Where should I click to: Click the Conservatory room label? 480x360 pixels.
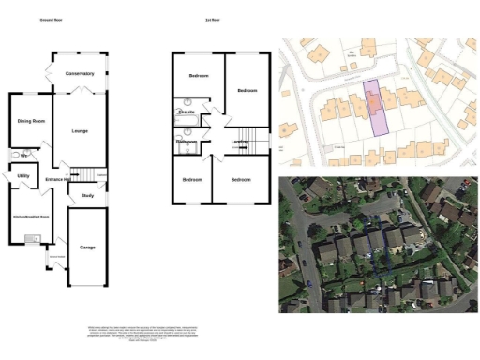pos(80,73)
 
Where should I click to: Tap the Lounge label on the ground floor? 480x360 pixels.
pos(78,130)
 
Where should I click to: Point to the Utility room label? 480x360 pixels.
pos(24,175)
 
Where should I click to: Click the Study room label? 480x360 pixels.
pos(87,196)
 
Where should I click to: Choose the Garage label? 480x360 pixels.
pos(87,247)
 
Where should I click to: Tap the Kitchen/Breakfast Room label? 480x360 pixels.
pos(30,217)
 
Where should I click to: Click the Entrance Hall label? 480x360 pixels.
pos(58,179)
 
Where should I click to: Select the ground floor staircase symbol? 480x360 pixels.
pos(83,174)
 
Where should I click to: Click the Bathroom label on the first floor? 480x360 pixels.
pos(187,142)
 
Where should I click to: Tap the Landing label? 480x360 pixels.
pos(240,142)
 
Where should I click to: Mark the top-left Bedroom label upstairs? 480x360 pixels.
pos(199,74)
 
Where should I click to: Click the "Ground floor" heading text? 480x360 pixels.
pos(52,19)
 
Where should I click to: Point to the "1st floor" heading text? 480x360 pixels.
pos(213,19)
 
